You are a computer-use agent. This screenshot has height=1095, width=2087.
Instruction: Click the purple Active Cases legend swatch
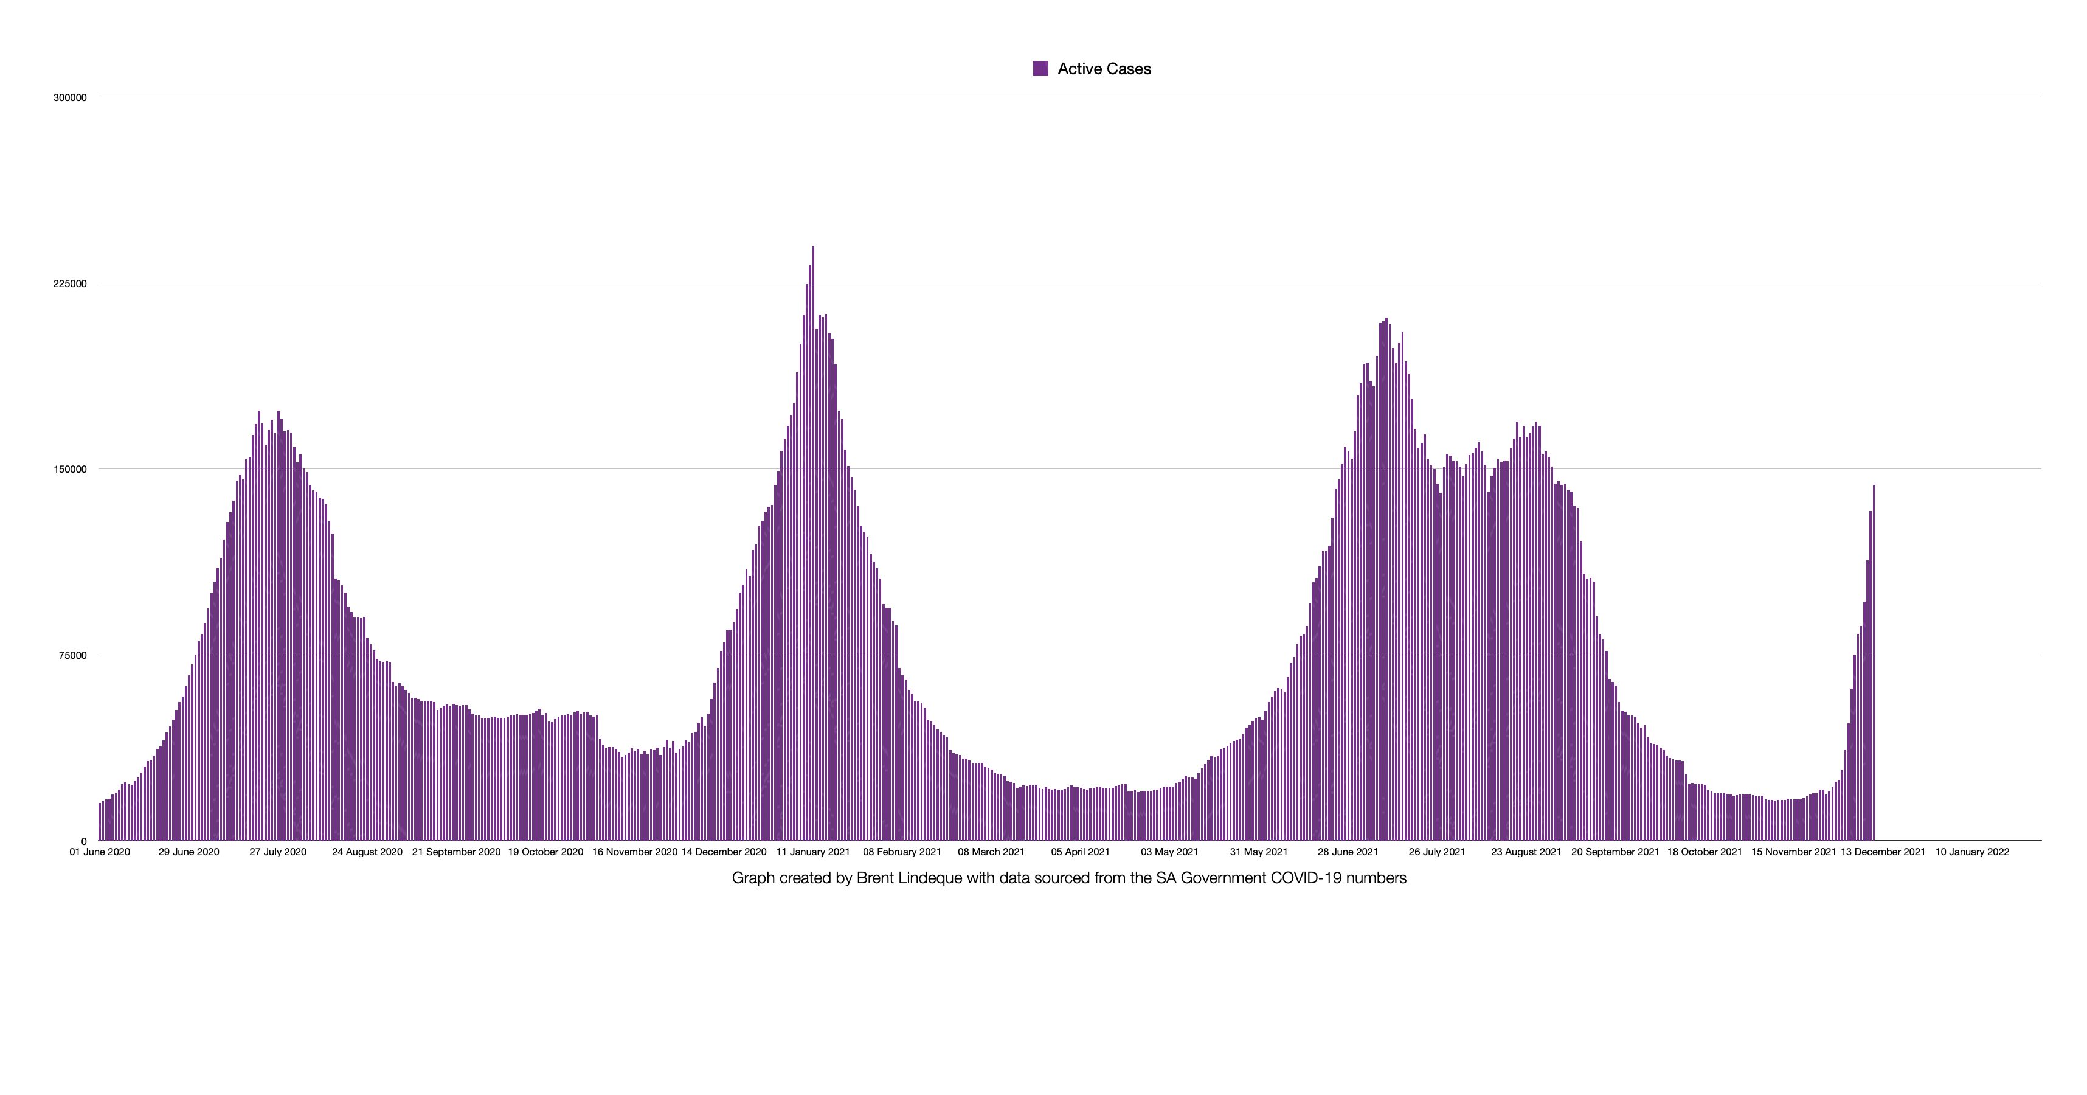1040,69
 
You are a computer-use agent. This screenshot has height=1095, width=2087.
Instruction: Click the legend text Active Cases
1104,69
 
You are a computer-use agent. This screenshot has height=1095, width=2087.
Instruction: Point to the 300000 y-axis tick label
70,97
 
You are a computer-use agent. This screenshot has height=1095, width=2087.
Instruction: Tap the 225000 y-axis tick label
70,283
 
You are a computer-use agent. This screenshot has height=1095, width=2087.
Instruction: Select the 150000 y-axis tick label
70,469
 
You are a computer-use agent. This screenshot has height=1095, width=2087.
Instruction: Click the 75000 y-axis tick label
72,655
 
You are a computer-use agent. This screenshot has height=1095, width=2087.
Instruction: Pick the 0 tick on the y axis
83,841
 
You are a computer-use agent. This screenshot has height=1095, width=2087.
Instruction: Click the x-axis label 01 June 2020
100,852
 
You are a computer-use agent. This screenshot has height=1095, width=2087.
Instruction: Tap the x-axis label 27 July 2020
278,852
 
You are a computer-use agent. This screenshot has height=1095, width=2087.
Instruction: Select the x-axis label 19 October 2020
545,852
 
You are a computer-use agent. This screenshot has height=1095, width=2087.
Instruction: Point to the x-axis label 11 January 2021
812,852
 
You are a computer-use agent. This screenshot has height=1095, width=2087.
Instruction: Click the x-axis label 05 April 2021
1080,852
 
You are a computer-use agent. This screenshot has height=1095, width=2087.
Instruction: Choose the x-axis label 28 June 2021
1348,852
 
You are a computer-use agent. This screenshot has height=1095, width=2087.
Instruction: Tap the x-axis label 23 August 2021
1526,852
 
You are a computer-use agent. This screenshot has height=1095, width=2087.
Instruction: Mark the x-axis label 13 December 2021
1883,852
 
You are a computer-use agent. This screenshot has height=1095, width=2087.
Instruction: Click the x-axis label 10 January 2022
1972,852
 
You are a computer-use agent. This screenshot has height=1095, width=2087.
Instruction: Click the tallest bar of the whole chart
812,543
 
